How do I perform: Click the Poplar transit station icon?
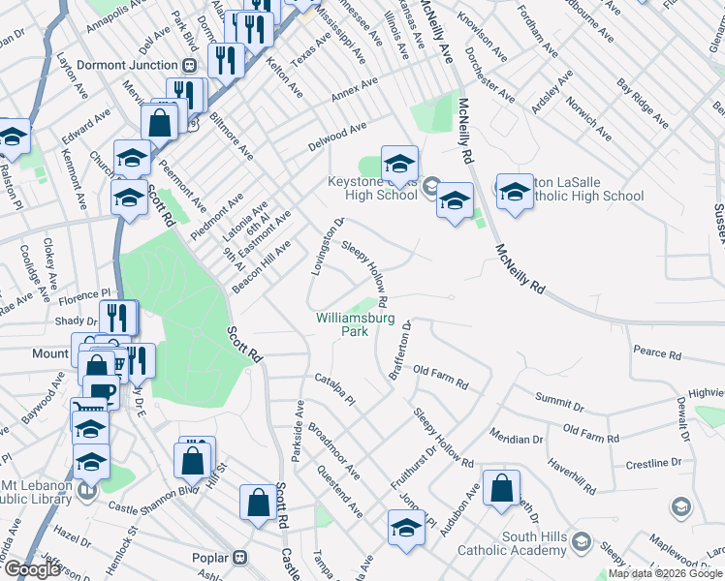[238, 558]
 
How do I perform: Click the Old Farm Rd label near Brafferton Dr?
[440, 378]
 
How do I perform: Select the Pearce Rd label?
[658, 353]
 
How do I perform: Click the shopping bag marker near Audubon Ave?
[502, 490]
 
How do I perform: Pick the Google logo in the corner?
[32, 569]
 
